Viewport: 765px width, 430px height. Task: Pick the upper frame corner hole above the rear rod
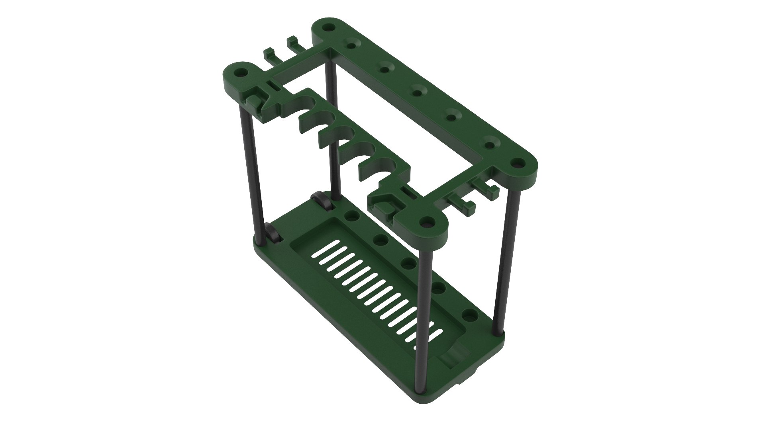(x=328, y=28)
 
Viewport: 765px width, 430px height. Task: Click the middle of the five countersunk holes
(x=417, y=92)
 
